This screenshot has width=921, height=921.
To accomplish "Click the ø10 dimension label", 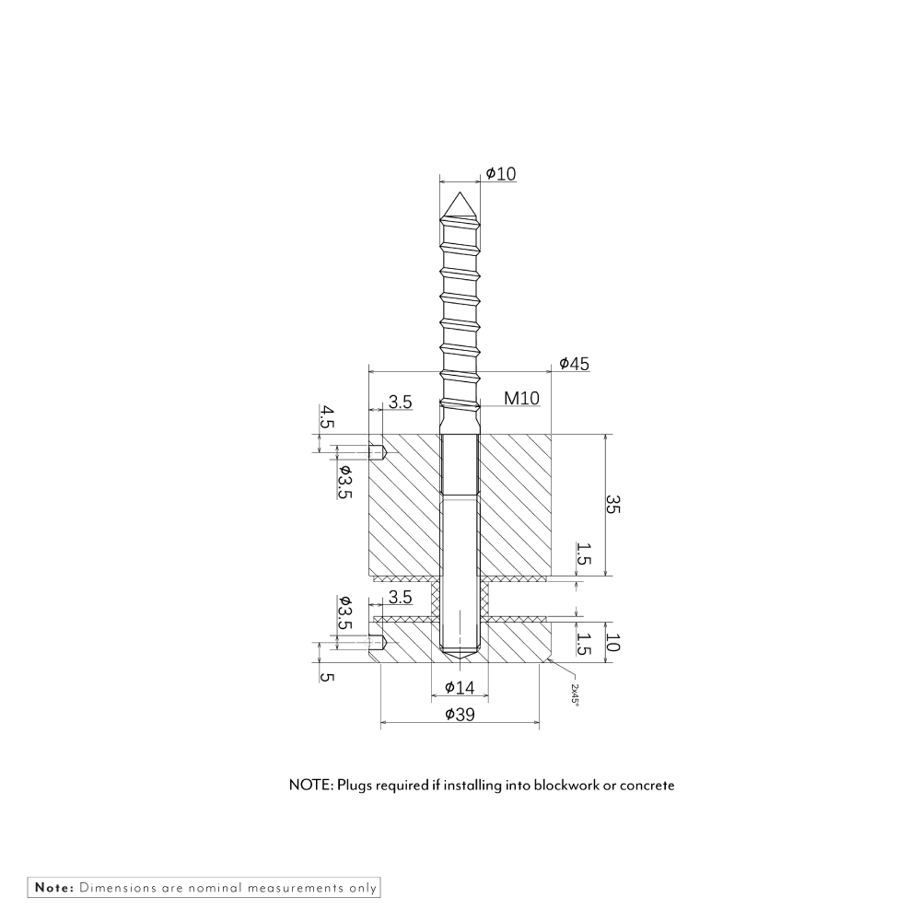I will pos(500,173).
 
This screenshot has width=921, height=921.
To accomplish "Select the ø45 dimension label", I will pos(574,364).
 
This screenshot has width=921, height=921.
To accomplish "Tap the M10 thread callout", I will pos(521,399).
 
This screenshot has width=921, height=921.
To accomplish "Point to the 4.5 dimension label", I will pos(327,419).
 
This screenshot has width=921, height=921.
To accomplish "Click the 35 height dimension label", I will pos(612,505).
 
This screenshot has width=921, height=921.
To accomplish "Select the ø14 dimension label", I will pos(459,687).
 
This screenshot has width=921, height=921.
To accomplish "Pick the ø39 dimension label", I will pos(459,716).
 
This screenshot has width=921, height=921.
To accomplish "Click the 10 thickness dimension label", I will pos(612,642).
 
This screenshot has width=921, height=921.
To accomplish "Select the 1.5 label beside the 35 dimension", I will pos(583,554).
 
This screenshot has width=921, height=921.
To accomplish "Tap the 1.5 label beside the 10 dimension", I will pos(583,642).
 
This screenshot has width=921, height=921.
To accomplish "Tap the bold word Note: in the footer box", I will pos(54,888).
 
